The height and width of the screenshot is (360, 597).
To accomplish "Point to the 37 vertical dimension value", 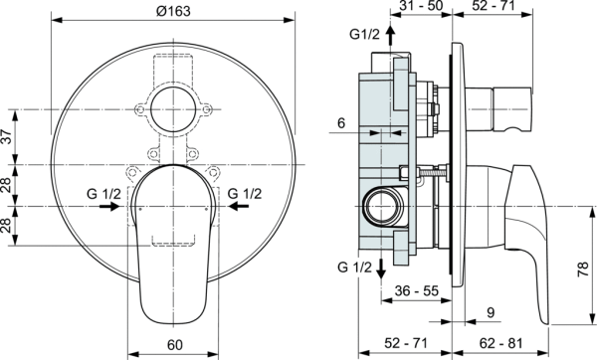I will pyautogui.click(x=8, y=137).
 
